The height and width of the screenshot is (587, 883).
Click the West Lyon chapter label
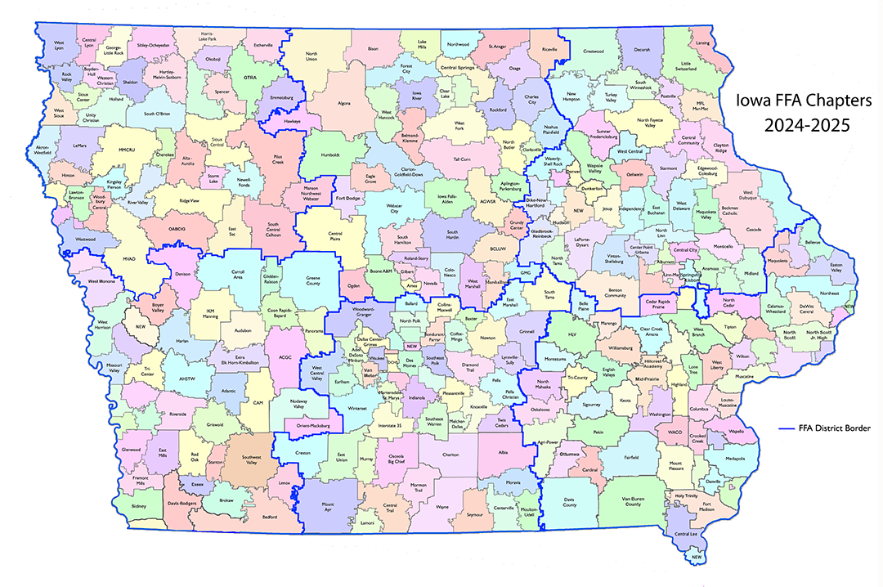click(59, 44)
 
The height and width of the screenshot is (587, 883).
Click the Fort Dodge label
click(347, 198)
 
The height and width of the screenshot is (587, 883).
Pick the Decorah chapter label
click(642, 50)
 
